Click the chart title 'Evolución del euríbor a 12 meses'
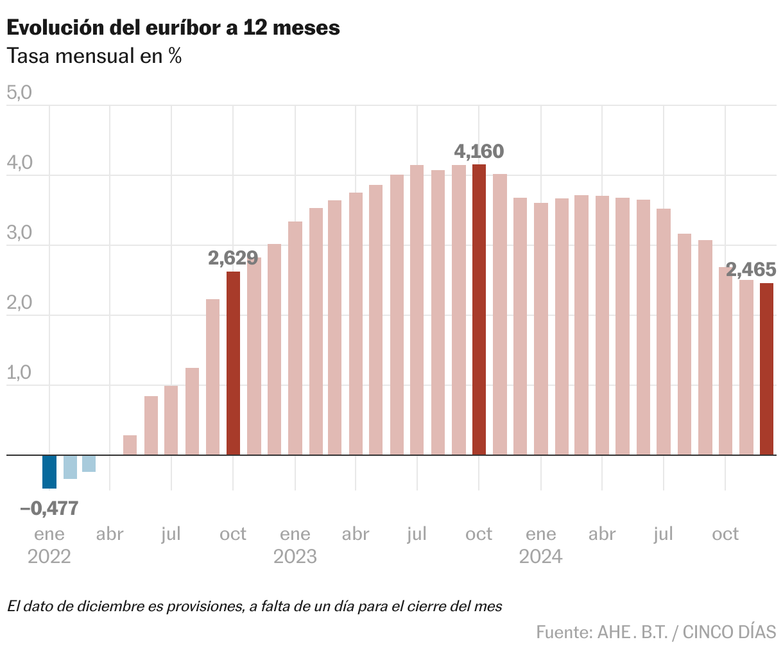(x=173, y=28)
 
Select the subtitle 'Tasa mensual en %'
(x=94, y=56)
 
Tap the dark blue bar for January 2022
(x=49, y=471)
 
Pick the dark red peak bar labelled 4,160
(x=479, y=309)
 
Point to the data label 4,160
(x=479, y=152)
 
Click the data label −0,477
(x=49, y=508)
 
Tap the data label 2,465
(x=751, y=268)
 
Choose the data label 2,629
(x=233, y=258)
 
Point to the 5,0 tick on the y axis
(x=19, y=93)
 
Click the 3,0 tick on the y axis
(x=19, y=233)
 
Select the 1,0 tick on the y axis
(x=19, y=373)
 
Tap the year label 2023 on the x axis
(x=295, y=556)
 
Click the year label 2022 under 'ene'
(x=49, y=556)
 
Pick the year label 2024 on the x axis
(x=541, y=556)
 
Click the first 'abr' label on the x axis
(x=110, y=534)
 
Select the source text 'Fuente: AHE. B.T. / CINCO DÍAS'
(x=656, y=632)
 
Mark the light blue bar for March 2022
(x=89, y=464)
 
